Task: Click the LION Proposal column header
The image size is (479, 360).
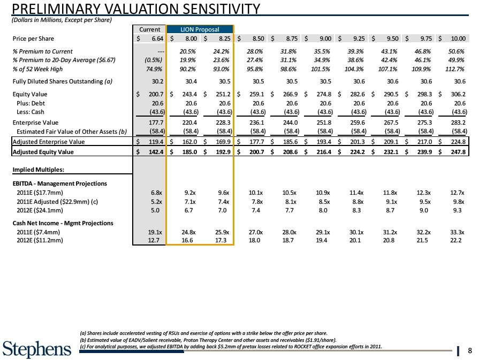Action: click(200, 29)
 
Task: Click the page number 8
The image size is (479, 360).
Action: click(469, 351)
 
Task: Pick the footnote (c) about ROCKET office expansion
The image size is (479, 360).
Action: click(231, 347)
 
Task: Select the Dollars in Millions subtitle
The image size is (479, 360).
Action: click(62, 20)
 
